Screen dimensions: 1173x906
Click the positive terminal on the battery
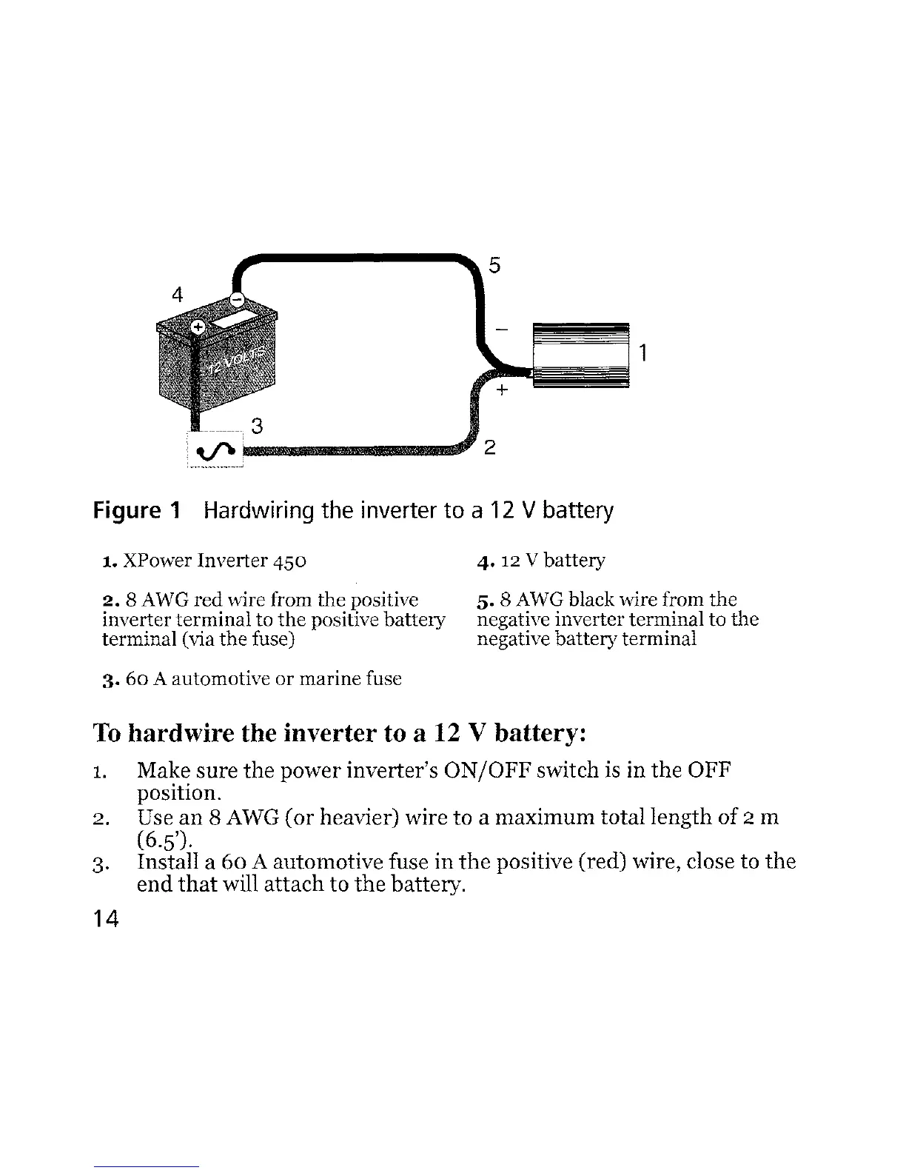pos(198,327)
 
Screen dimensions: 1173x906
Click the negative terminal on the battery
pos(236,299)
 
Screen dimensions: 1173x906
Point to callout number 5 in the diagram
pos(495,265)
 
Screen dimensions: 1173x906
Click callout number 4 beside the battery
pos(177,294)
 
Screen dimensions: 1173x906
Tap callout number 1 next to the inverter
pos(644,353)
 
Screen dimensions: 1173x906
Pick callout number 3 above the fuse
pos(257,426)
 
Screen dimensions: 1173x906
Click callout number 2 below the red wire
pos(489,448)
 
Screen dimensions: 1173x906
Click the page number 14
pos(107,919)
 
